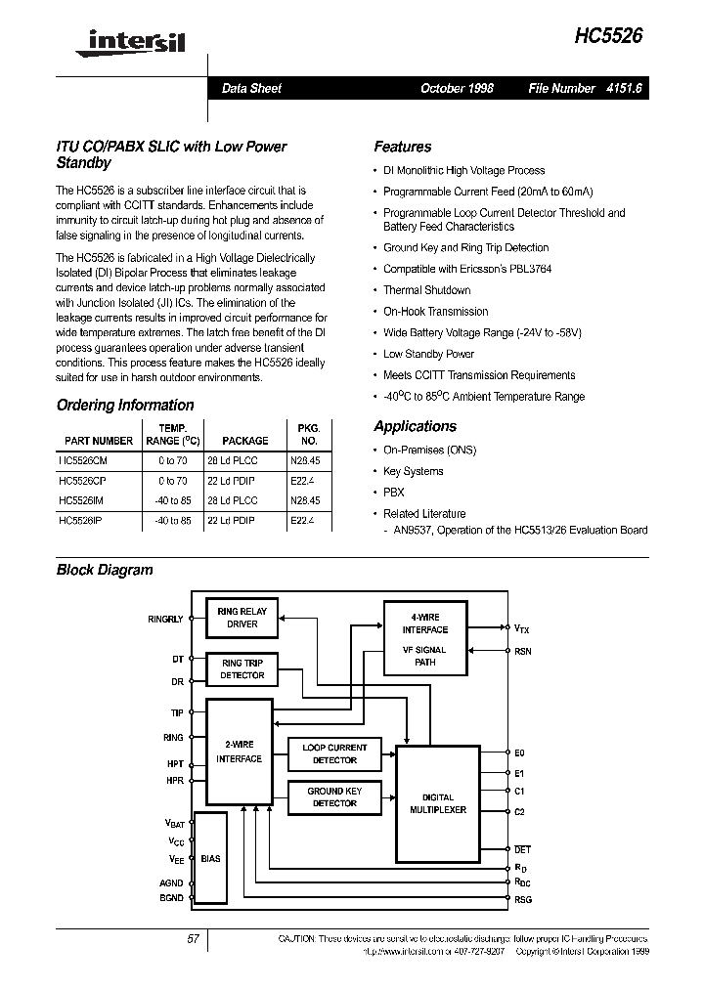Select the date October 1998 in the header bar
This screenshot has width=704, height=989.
(x=457, y=88)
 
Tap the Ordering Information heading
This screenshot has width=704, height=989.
(x=125, y=405)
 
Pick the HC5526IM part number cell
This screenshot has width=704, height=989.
(x=87, y=499)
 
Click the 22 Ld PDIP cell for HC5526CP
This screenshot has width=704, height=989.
(x=231, y=481)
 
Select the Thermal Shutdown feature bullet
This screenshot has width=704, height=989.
(x=426, y=290)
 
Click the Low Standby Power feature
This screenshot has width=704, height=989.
(x=428, y=354)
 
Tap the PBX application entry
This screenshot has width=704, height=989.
(x=393, y=493)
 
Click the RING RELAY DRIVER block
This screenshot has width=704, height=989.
(x=242, y=618)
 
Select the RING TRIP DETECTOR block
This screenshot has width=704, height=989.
(x=242, y=668)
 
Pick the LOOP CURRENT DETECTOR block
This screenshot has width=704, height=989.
(x=334, y=753)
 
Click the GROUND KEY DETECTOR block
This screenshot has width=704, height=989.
(x=334, y=796)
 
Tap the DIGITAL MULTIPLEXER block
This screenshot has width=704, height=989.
(x=437, y=803)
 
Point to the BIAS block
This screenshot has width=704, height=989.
(x=210, y=858)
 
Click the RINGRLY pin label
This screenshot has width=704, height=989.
(x=165, y=619)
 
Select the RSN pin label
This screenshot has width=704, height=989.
(x=523, y=651)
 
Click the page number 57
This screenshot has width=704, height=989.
(x=193, y=939)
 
